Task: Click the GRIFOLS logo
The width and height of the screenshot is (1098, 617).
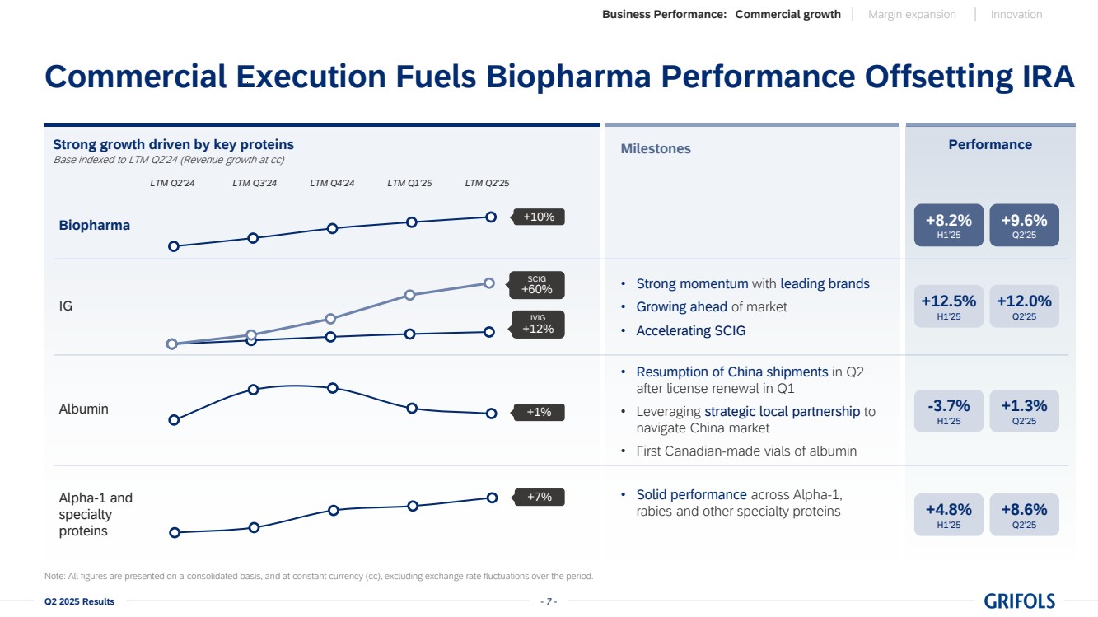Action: pyautogui.click(x=1019, y=601)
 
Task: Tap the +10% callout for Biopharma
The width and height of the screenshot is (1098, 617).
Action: pyautogui.click(x=540, y=217)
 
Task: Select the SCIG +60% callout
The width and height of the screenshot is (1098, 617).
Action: pyautogui.click(x=537, y=285)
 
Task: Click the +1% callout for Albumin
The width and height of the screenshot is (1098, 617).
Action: pyautogui.click(x=540, y=412)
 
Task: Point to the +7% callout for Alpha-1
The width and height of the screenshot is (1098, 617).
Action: pyautogui.click(x=540, y=497)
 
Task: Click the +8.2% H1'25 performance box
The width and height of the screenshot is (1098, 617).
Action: pyautogui.click(x=949, y=225)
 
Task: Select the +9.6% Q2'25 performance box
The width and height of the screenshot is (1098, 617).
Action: pyautogui.click(x=1024, y=225)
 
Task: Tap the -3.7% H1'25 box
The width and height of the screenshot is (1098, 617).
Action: pyautogui.click(x=949, y=410)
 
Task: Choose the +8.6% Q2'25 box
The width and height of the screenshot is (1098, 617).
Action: pyautogui.click(x=1024, y=514)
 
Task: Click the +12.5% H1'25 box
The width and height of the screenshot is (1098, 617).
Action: pyautogui.click(x=949, y=306)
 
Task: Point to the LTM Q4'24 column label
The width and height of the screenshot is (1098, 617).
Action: pyautogui.click(x=332, y=183)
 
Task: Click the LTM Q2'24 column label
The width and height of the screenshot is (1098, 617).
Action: pyautogui.click(x=172, y=183)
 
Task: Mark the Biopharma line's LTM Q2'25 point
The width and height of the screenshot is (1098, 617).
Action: pyautogui.click(x=491, y=217)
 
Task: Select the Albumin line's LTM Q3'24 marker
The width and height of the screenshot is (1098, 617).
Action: pyautogui.click(x=254, y=390)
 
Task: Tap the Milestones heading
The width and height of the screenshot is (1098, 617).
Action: pyautogui.click(x=656, y=149)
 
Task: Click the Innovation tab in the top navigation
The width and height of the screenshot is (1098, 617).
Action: pyautogui.click(x=1016, y=14)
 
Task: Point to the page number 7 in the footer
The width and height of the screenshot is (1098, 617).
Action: pyautogui.click(x=549, y=601)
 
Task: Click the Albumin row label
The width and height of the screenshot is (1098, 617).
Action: pyautogui.click(x=84, y=409)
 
